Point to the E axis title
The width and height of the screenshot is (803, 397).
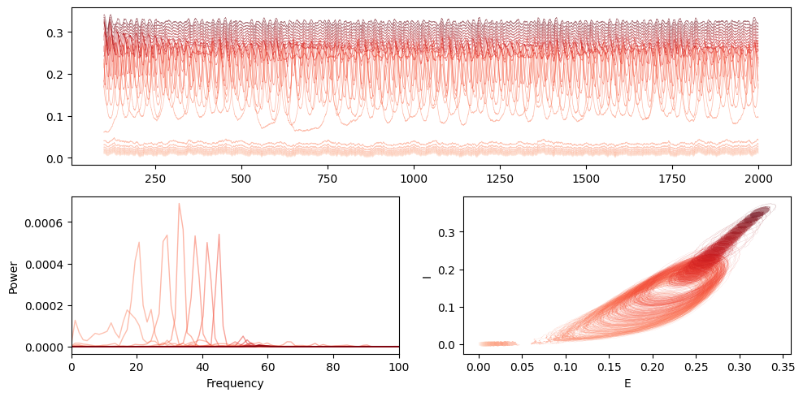(627, 383)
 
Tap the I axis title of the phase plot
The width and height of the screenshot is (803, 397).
(426, 276)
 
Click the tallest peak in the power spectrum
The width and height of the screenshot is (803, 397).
(180, 204)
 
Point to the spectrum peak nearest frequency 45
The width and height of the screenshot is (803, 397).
(219, 235)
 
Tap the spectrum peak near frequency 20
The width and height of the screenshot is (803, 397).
(139, 243)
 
